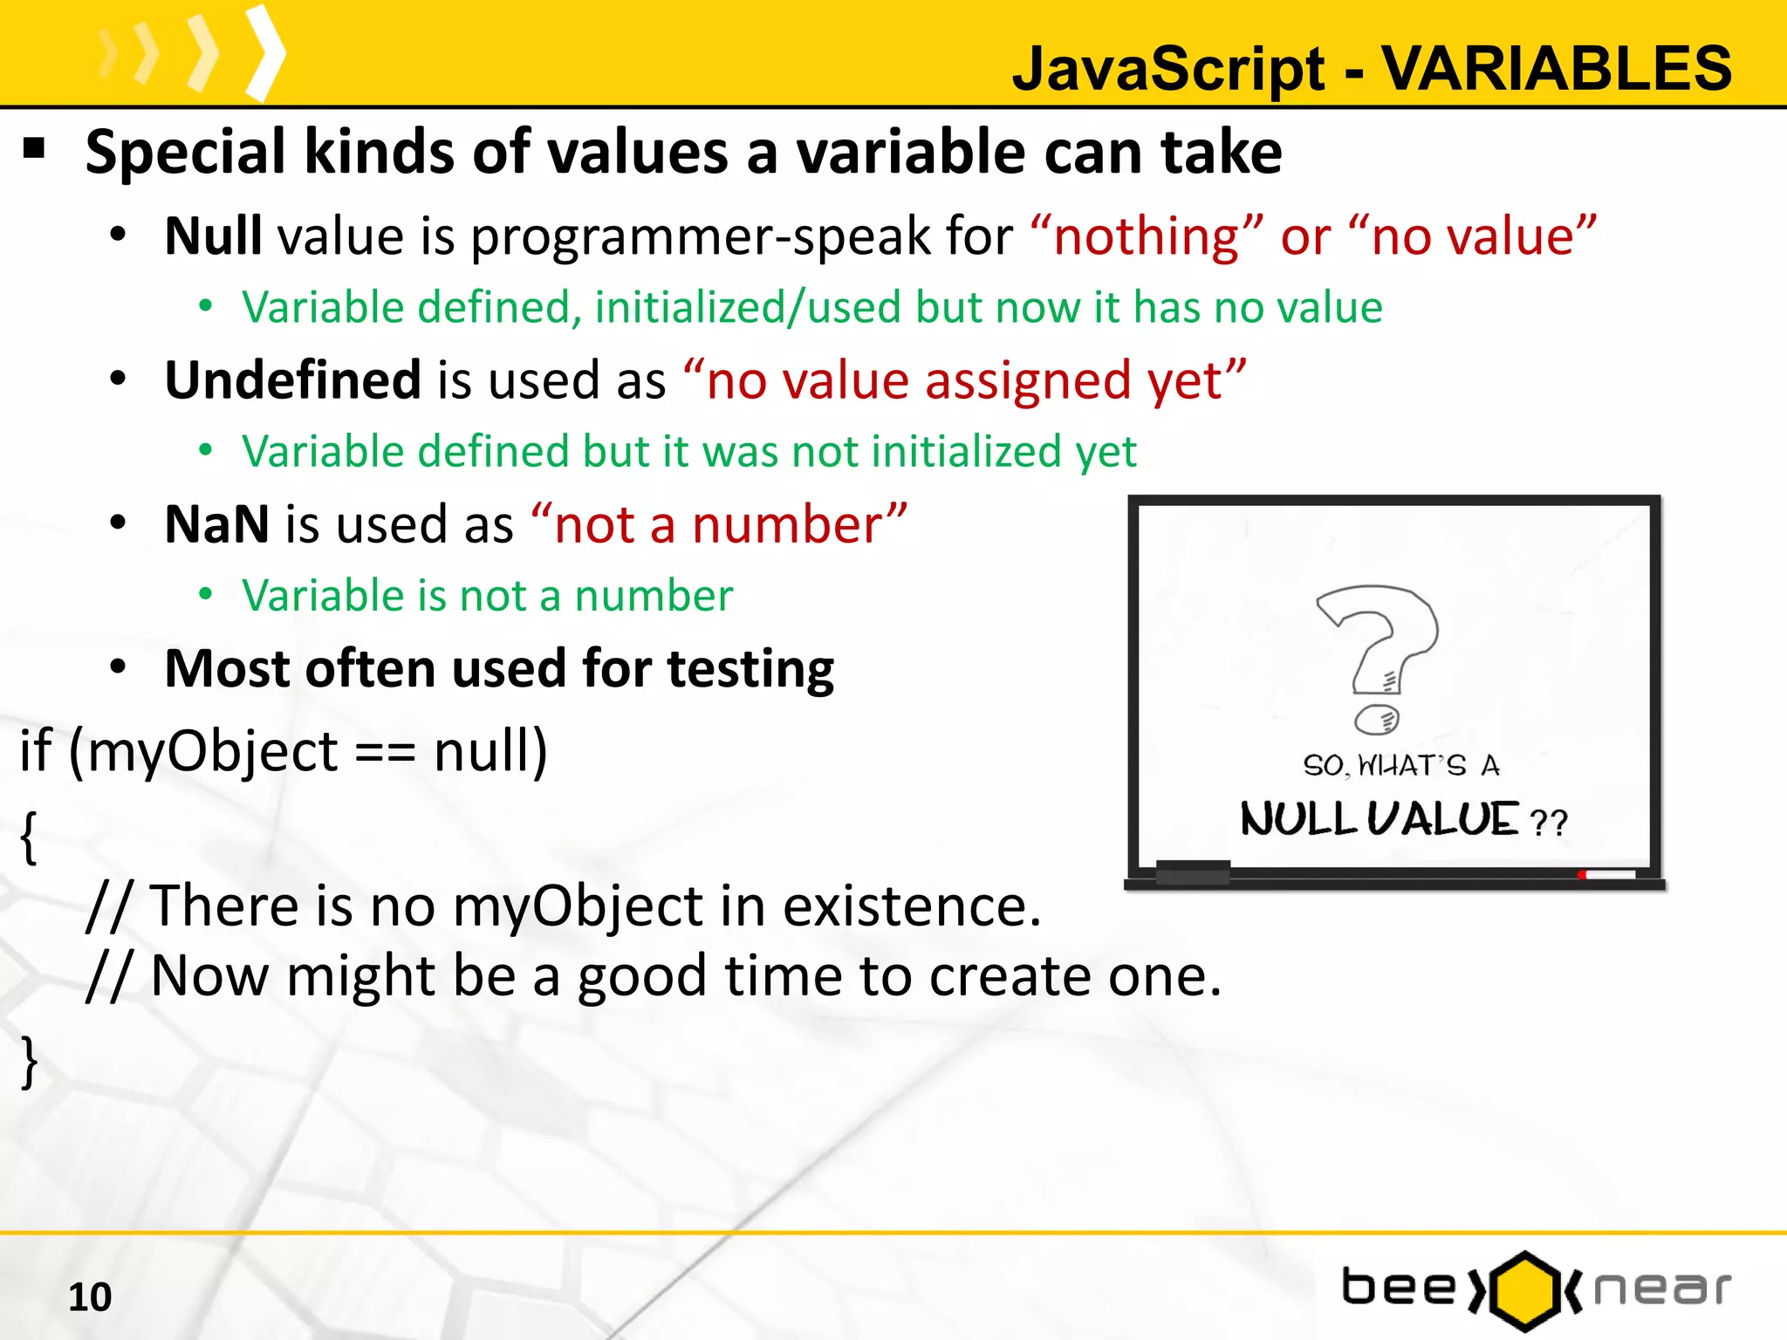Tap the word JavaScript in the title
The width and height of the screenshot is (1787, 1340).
point(1169,70)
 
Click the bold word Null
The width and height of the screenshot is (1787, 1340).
point(213,236)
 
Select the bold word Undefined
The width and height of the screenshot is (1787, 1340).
point(293,380)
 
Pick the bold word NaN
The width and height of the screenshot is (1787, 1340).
point(216,524)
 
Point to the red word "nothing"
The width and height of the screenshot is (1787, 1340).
point(1146,236)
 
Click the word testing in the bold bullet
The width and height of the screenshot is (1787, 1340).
point(750,669)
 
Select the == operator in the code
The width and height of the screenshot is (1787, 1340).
point(385,752)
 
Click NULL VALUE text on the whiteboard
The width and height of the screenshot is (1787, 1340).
point(1379,820)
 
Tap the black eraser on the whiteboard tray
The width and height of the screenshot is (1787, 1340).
point(1192,871)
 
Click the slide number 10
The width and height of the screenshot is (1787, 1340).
point(90,1297)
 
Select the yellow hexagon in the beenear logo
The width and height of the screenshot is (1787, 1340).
point(1524,1290)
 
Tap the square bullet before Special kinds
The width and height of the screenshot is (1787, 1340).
point(34,148)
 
